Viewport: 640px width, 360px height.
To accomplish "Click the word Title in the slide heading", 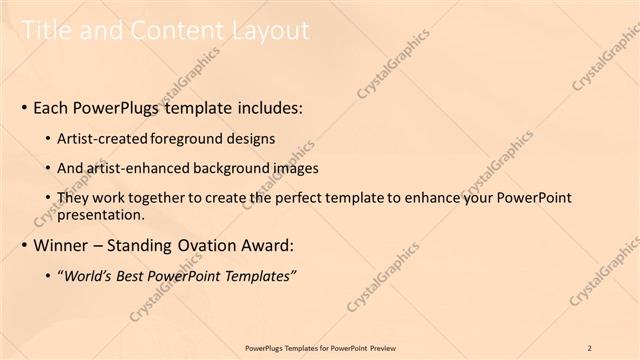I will click(x=48, y=32).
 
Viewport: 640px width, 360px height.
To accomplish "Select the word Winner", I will click(x=63, y=246).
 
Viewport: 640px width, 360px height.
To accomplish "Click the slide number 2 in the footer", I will click(x=591, y=347).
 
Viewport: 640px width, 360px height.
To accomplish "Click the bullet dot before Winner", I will click(x=24, y=246).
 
